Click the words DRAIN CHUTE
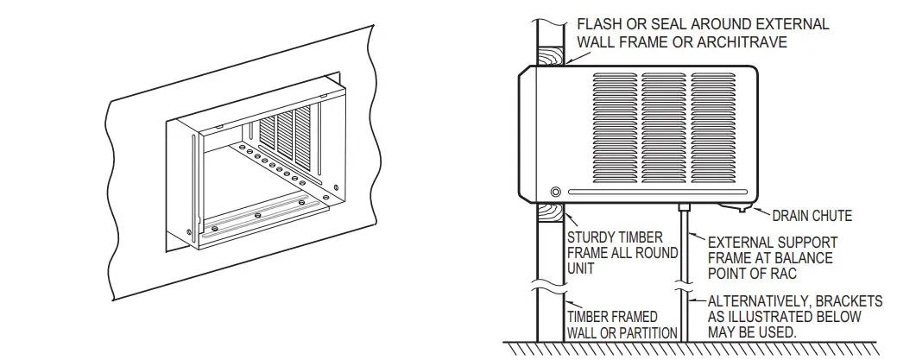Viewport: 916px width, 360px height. (x=812, y=216)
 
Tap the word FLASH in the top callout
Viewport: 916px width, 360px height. (x=601, y=23)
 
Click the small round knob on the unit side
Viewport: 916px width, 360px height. (x=555, y=192)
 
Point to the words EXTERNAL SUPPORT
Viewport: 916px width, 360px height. (x=772, y=243)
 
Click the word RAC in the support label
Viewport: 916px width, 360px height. (x=786, y=274)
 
